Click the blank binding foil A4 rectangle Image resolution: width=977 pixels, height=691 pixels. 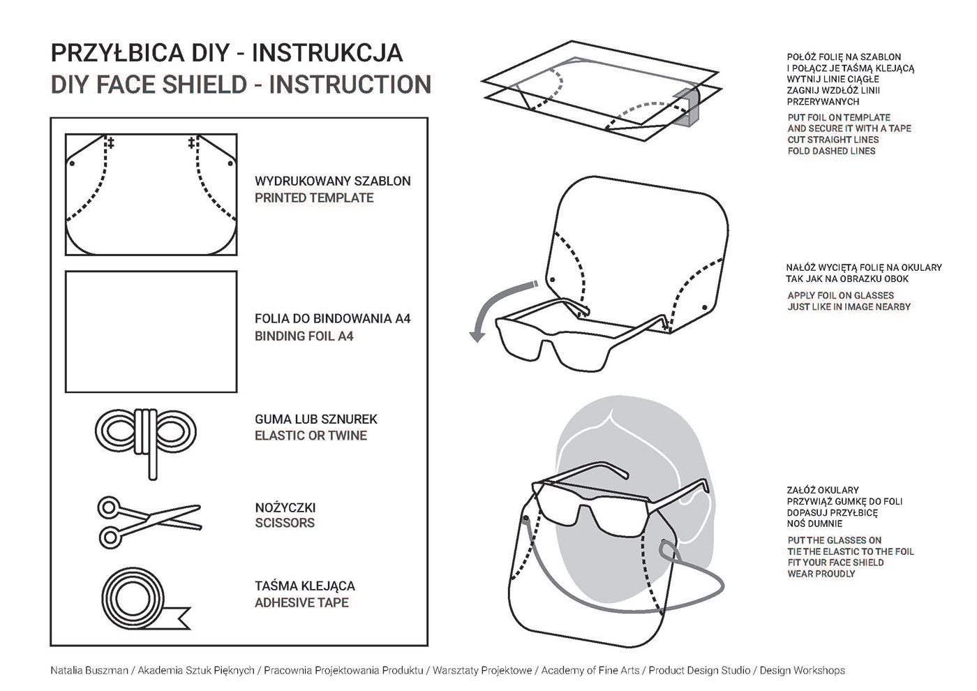(x=151, y=332)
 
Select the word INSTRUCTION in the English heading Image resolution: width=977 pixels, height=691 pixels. (x=350, y=84)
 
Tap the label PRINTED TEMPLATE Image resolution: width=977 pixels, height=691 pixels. (x=314, y=198)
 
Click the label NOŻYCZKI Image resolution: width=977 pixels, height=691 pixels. (x=285, y=507)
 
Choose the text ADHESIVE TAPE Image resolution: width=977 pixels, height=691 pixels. (x=301, y=602)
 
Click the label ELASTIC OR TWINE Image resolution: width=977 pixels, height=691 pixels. (x=311, y=436)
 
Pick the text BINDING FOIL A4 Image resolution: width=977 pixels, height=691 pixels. (x=304, y=336)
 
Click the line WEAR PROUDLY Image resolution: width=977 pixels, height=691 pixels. (x=821, y=574)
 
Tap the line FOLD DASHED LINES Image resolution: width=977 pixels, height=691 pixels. (x=831, y=151)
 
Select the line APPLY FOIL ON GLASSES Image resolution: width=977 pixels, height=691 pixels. (x=840, y=295)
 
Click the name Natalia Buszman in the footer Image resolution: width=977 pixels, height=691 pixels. (x=89, y=670)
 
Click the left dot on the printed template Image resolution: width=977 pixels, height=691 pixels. (x=72, y=163)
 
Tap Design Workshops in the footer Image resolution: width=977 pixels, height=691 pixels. (x=802, y=670)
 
